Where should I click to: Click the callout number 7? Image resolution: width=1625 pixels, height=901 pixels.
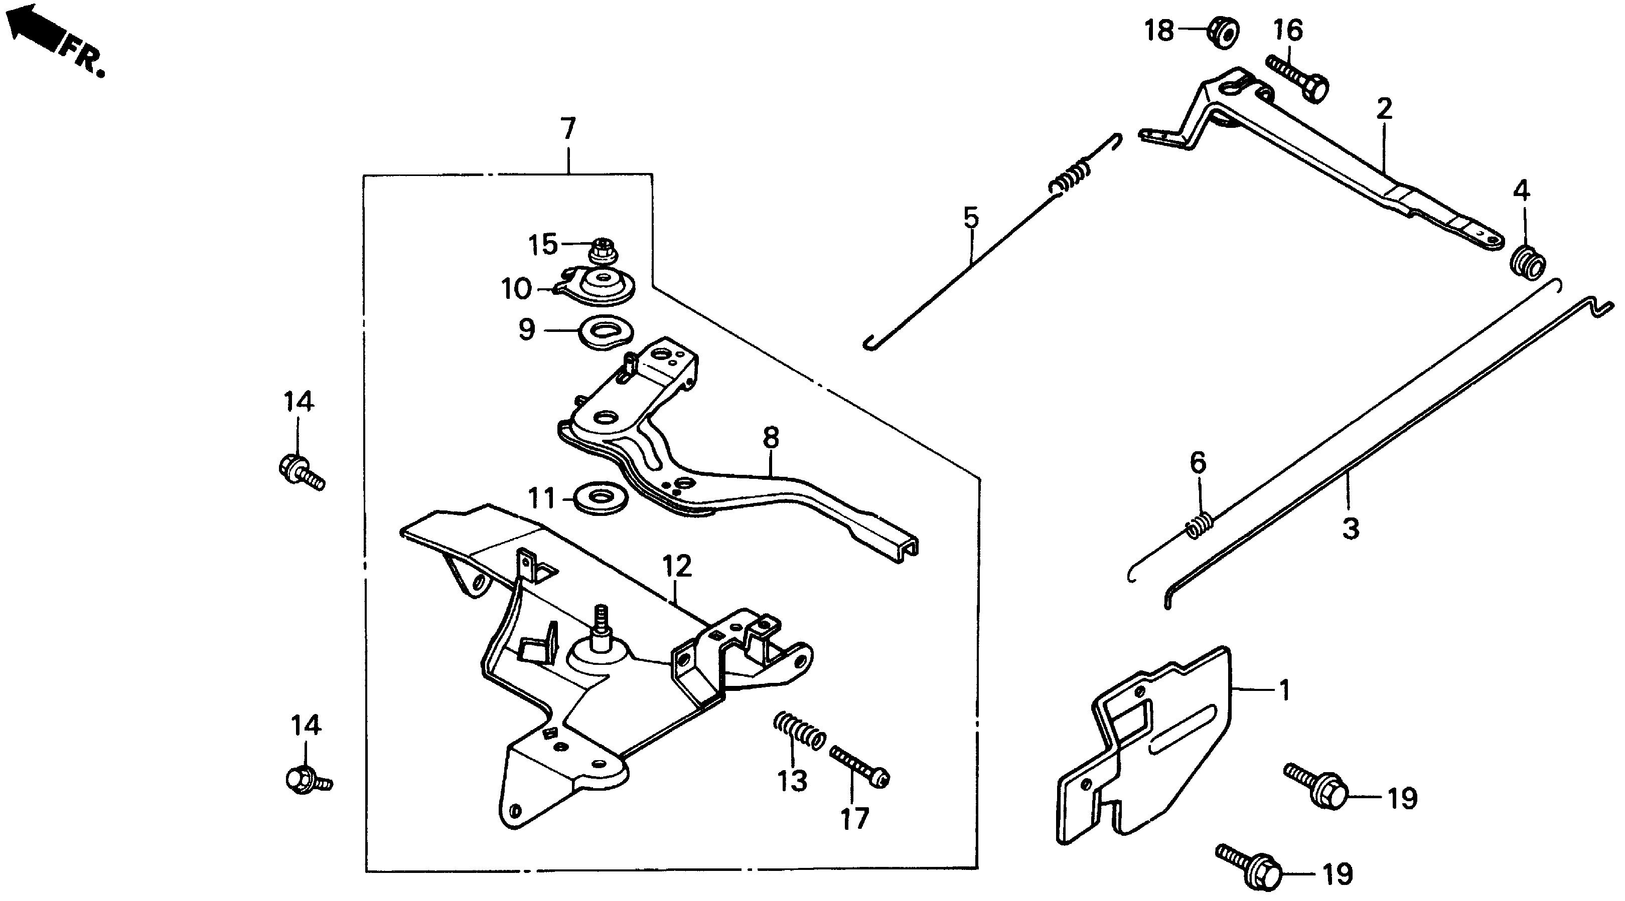568,129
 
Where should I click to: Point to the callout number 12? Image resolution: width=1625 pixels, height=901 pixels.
677,566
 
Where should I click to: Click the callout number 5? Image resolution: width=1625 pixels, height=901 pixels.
971,218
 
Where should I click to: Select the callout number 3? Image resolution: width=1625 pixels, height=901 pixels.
1350,528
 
